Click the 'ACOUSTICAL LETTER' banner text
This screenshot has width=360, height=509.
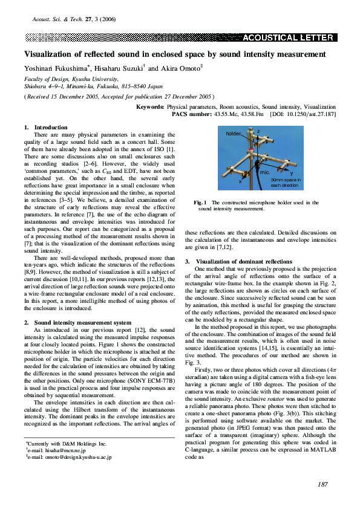(289, 37)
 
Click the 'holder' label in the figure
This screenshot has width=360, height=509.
(233, 133)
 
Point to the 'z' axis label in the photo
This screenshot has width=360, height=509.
(258, 131)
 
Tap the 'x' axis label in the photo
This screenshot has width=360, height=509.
(241, 180)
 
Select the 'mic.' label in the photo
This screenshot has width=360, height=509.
(264, 172)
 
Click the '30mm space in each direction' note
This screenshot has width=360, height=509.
(284, 183)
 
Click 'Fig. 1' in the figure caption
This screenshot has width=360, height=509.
(200, 203)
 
